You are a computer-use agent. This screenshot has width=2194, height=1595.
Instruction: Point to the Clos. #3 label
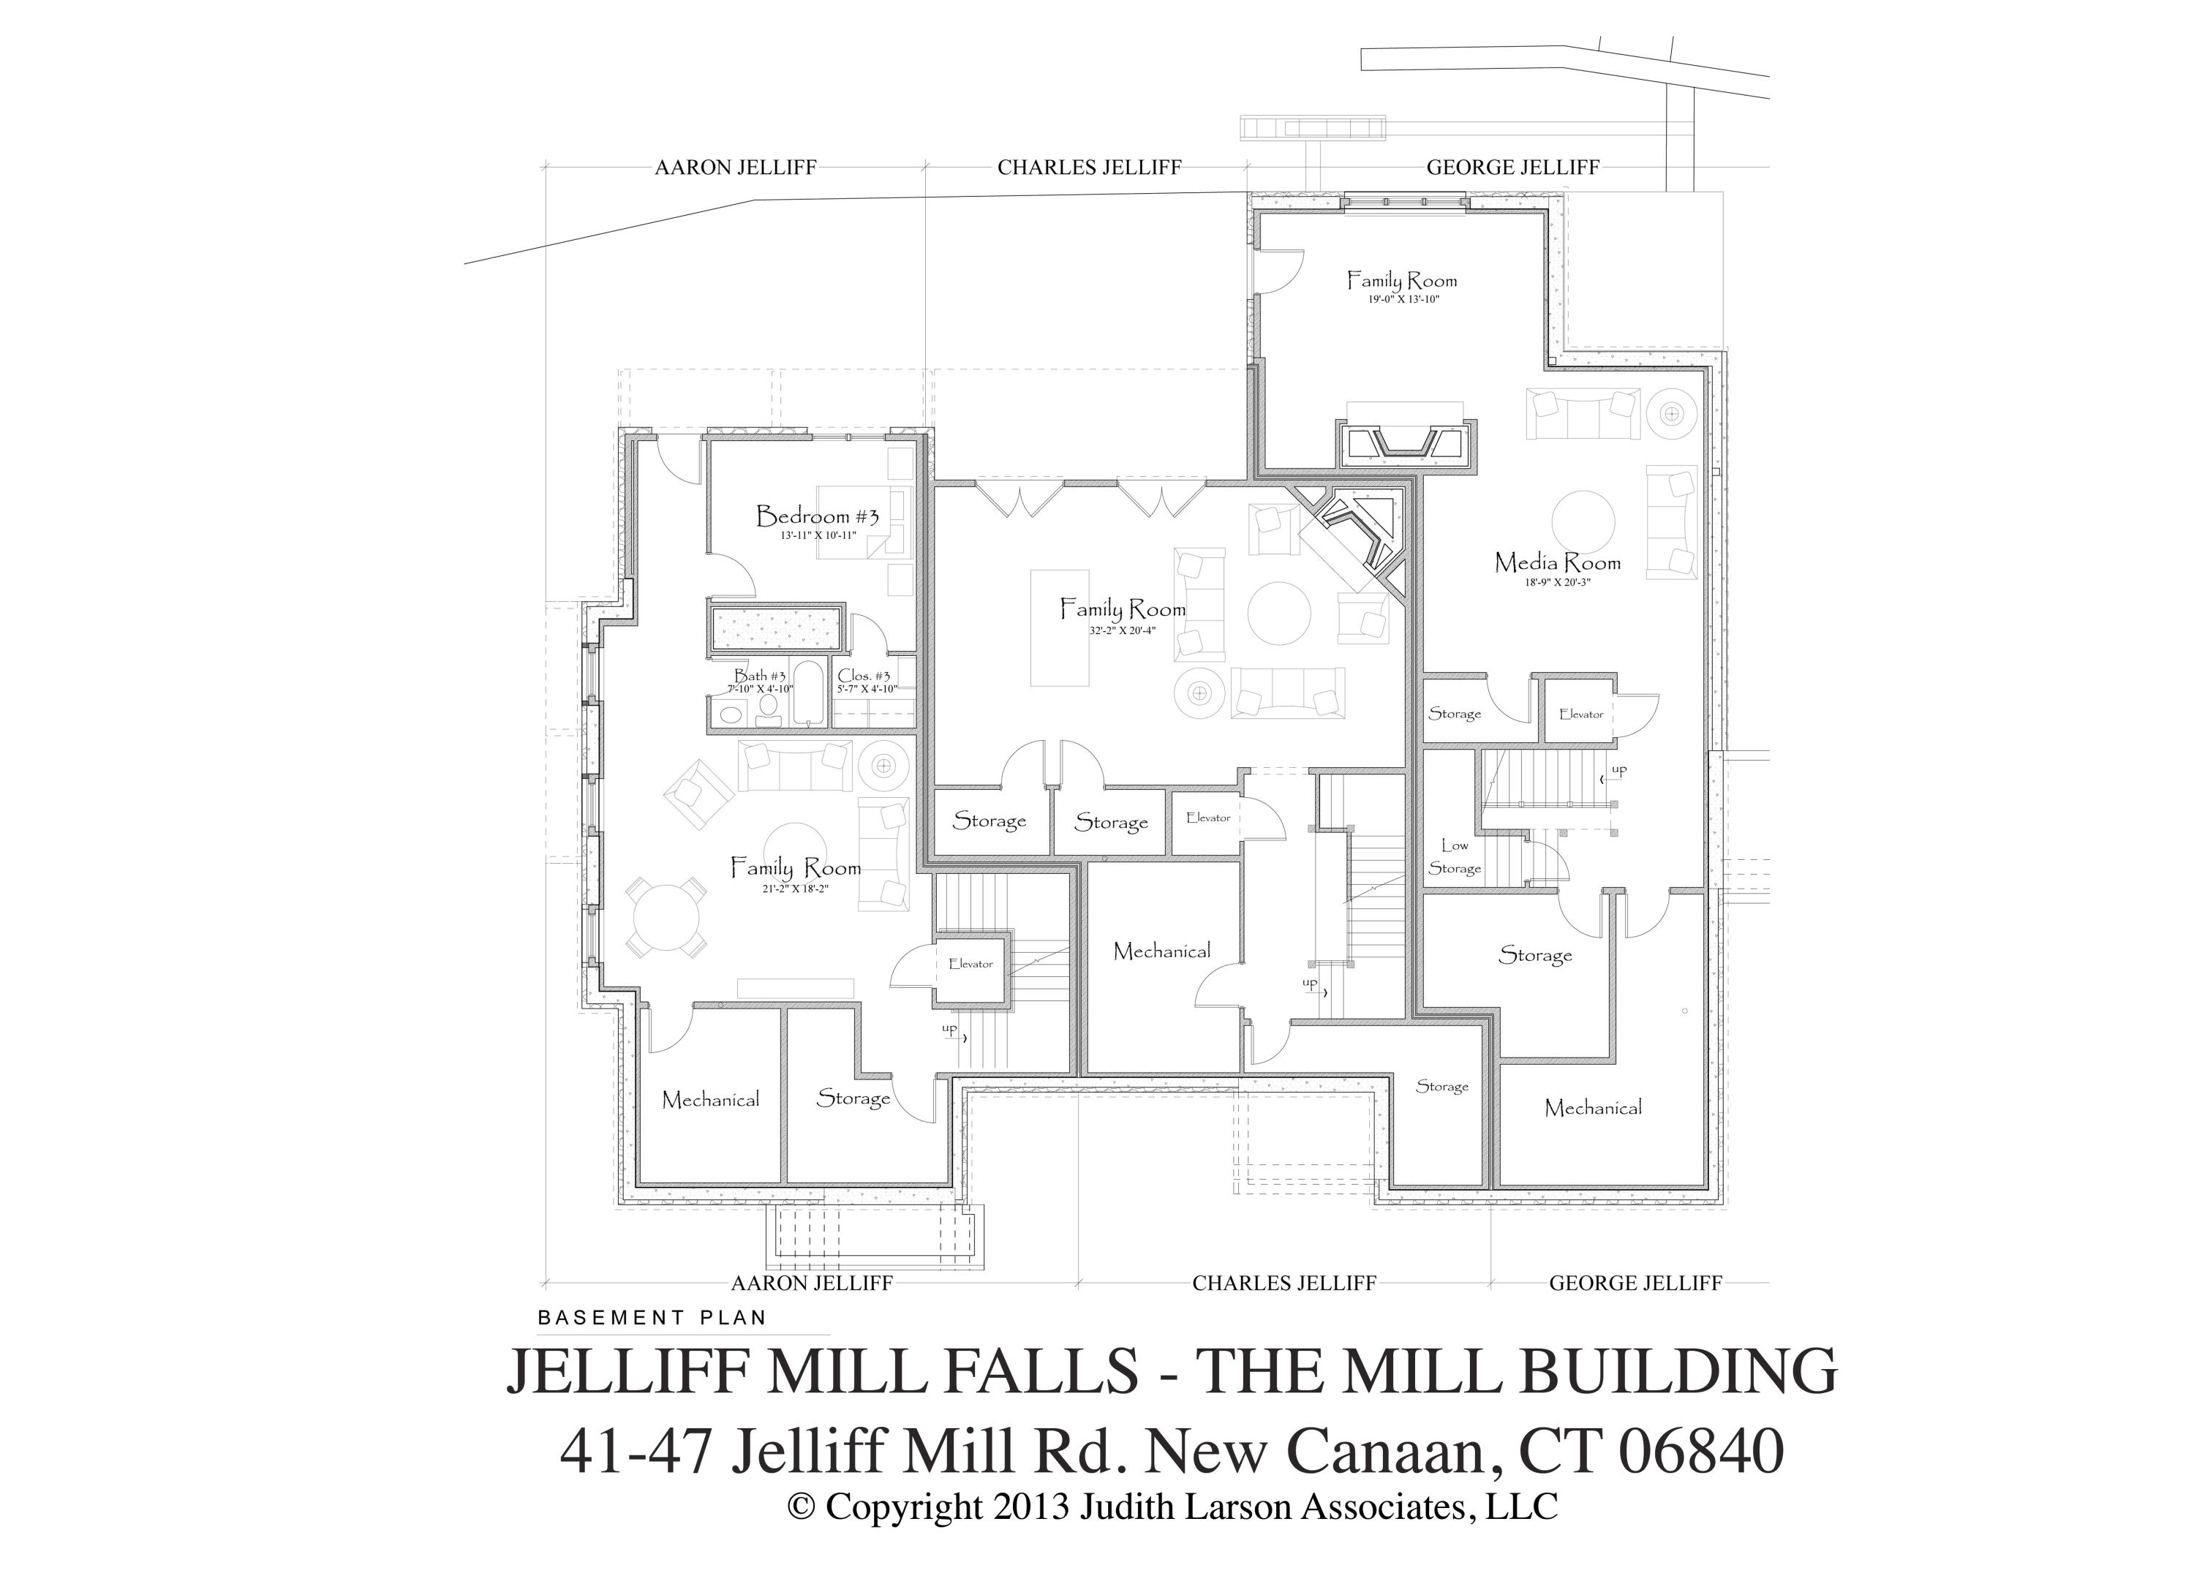click(864, 675)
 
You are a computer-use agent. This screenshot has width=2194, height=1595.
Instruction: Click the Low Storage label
click(1454, 857)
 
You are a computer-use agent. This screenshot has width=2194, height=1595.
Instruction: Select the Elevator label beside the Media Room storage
click(1580, 714)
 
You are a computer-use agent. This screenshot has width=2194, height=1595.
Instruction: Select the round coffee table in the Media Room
click(1583, 522)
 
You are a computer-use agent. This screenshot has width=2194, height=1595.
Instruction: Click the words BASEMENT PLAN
click(652, 1317)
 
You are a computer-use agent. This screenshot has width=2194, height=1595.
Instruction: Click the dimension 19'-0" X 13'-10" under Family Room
click(1403, 300)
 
